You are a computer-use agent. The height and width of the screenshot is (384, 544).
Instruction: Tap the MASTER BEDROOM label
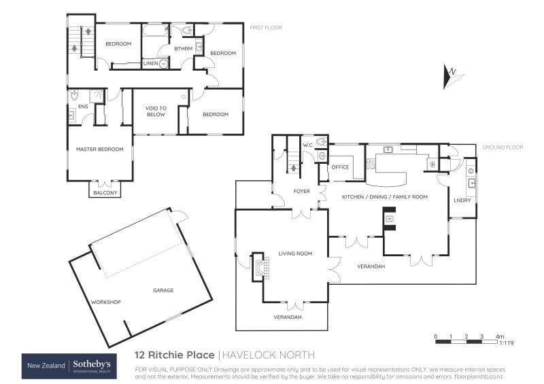tap(99, 150)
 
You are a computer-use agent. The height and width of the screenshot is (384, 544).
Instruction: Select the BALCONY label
tap(105, 193)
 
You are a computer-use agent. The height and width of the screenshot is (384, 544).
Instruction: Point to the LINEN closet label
tap(151, 63)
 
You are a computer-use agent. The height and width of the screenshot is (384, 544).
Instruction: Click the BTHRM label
tap(182, 48)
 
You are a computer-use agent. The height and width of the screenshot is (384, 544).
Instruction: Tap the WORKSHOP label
tap(105, 302)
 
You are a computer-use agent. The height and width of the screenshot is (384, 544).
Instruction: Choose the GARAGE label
tap(163, 290)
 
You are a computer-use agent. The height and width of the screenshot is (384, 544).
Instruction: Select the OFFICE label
tap(340, 167)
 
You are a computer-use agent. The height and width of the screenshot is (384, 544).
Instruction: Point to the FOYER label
tap(301, 191)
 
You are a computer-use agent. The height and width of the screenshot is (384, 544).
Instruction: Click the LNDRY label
tap(462, 200)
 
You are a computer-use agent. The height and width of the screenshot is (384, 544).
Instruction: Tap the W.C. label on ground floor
tap(307, 145)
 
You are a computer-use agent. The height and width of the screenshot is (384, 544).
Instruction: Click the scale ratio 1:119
tap(506, 344)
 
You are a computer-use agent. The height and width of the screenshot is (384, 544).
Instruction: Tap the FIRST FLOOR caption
tap(265, 28)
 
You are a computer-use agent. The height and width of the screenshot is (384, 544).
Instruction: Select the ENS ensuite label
tap(83, 107)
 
